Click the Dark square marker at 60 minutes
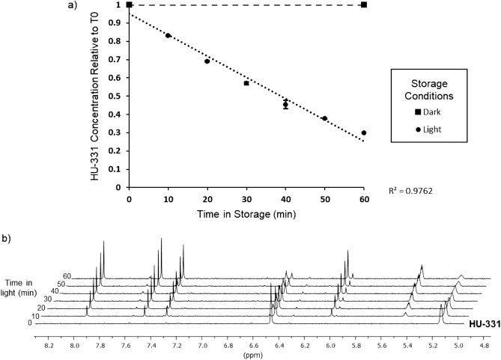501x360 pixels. (363, 4)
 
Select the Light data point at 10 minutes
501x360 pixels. (168, 35)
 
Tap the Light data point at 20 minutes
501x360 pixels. (207, 61)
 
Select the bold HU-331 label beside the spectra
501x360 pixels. (483, 325)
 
